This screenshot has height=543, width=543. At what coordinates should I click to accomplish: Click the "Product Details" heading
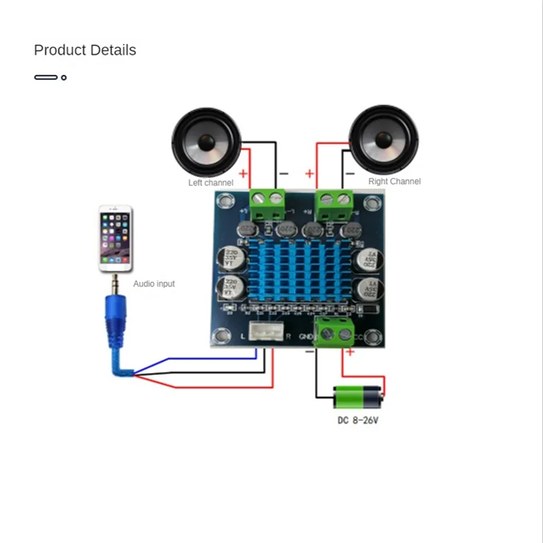[x=85, y=50]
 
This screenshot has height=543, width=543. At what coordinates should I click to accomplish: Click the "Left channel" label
[x=210, y=183]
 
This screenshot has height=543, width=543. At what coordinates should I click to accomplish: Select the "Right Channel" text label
[x=394, y=181]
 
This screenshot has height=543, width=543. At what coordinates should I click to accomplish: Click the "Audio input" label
[x=153, y=284]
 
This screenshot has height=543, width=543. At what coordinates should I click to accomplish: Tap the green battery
[x=358, y=397]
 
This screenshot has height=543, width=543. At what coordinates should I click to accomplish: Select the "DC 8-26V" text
[x=358, y=421]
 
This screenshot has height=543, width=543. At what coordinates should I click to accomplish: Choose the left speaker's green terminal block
[x=267, y=202]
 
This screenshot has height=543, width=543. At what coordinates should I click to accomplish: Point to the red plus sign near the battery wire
[x=350, y=352]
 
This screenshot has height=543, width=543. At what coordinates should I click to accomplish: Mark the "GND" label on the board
[x=307, y=336]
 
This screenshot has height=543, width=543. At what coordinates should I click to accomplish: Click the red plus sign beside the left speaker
[x=243, y=174]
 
